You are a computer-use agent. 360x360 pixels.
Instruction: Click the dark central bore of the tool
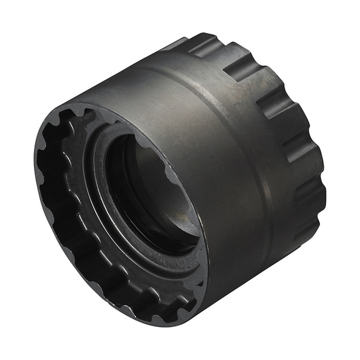coord(144,192)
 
